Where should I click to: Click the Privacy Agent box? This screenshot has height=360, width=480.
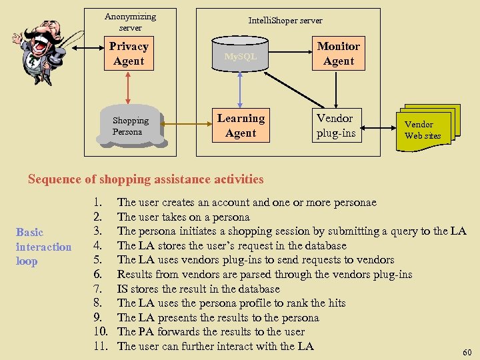point(129,53)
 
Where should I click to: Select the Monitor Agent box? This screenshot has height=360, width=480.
point(339,53)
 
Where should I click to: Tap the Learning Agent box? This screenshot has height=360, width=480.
point(241,125)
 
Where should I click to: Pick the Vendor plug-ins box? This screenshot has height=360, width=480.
point(335,125)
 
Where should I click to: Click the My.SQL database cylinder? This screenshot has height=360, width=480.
point(240,56)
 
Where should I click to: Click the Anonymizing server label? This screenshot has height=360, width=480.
point(131,21)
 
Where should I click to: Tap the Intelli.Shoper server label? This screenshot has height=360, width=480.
point(285,21)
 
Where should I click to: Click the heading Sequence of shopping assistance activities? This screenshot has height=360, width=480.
point(146,179)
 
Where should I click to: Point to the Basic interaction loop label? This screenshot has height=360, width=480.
point(43,247)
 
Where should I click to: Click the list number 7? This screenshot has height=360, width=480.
point(98,289)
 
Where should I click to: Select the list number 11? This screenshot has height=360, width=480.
point(101,346)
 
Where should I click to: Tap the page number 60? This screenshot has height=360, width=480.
point(467,351)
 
